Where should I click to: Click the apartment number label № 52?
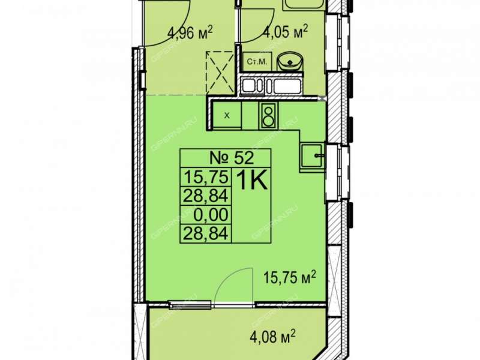pos(232,158)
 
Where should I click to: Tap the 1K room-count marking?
pos(252,181)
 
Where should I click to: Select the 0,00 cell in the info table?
pos(211,215)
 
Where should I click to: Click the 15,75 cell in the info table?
pos(206,177)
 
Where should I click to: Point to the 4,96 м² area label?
pos(190,32)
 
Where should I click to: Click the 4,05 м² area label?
pos(284,32)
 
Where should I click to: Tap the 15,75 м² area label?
pos(290,278)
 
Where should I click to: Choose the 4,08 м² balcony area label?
pos(272,337)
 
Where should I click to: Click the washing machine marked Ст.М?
pos(257,62)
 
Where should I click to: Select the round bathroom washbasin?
pos(290,62)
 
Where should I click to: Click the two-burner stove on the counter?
pos(269,115)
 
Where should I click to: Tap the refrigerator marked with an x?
pos(227,115)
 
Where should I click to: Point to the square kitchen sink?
pos(312,155)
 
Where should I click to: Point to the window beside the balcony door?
pos(190,305)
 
